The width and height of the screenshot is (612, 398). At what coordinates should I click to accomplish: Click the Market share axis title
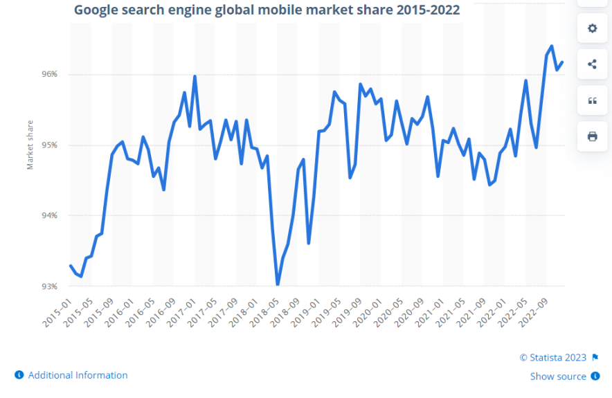click(x=30, y=145)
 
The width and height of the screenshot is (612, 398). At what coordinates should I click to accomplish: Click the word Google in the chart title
click(x=96, y=10)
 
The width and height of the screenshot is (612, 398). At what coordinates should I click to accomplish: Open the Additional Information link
click(x=78, y=375)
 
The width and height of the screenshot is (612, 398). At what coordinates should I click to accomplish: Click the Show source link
click(x=558, y=377)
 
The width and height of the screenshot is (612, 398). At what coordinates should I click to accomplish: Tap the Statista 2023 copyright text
click(x=552, y=358)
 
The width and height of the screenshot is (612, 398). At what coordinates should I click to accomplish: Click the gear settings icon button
click(x=592, y=28)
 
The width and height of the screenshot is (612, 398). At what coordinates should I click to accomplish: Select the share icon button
click(x=592, y=64)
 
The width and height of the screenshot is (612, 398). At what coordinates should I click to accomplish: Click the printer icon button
click(x=592, y=136)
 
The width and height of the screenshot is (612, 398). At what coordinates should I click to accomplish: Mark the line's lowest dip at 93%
click(x=278, y=284)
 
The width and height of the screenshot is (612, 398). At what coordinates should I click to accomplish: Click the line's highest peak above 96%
click(x=552, y=46)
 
